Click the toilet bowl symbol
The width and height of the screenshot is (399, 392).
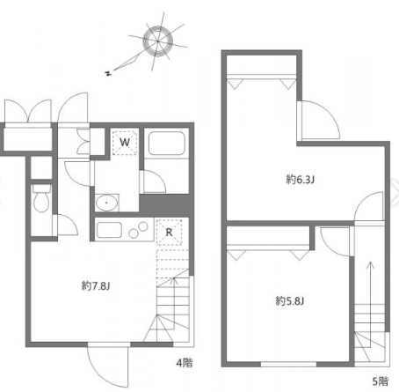tap(41, 197)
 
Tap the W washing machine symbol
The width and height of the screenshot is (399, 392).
tap(125, 143)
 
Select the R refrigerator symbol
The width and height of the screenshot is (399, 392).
tap(169, 232)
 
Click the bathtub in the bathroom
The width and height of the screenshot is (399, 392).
tap(167, 144)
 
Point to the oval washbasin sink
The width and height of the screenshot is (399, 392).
tap(106, 203)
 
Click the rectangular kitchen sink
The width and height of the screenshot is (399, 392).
tap(109, 230)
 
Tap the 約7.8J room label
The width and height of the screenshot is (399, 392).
tap(96, 285)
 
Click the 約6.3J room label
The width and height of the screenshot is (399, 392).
tap(300, 180)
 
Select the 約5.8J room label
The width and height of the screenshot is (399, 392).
tap(290, 301)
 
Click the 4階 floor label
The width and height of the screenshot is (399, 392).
tap(185, 363)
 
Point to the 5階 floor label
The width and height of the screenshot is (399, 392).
tap(381, 381)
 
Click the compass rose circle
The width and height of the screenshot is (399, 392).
tap(158, 41)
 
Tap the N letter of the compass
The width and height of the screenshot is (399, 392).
tap(109, 73)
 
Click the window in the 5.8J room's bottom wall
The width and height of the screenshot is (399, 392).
tap(288, 365)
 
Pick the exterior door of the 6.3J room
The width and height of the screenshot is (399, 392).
tap(319, 119)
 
